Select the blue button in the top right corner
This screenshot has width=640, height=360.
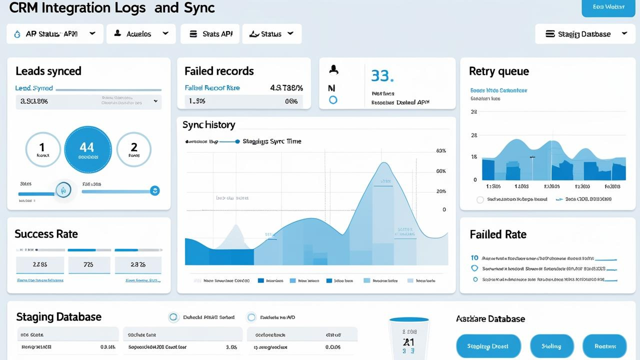coord(608,7)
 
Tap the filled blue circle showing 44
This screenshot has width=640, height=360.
coord(88,149)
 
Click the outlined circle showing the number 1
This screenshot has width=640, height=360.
coord(42,149)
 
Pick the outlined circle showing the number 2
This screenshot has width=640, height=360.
coord(134,149)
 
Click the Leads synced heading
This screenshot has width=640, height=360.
coord(48,71)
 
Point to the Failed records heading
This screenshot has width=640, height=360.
coord(219,71)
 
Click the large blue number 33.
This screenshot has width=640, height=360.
coord(382,76)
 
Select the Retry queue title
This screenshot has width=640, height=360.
coord(498,71)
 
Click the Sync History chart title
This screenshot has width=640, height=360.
coord(208,125)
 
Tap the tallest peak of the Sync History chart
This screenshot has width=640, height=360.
coord(384,163)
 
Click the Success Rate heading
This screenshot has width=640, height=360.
coord(46,234)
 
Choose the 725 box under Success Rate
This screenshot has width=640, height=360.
coord(88,265)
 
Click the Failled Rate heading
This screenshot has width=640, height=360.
coord(498,234)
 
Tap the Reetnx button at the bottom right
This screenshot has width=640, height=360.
coord(604,346)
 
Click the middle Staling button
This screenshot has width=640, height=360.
coord(551,346)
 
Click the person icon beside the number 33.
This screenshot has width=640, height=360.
coord(333,70)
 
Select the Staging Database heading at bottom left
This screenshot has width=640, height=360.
coord(58,317)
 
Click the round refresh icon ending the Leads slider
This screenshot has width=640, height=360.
coord(155,190)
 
